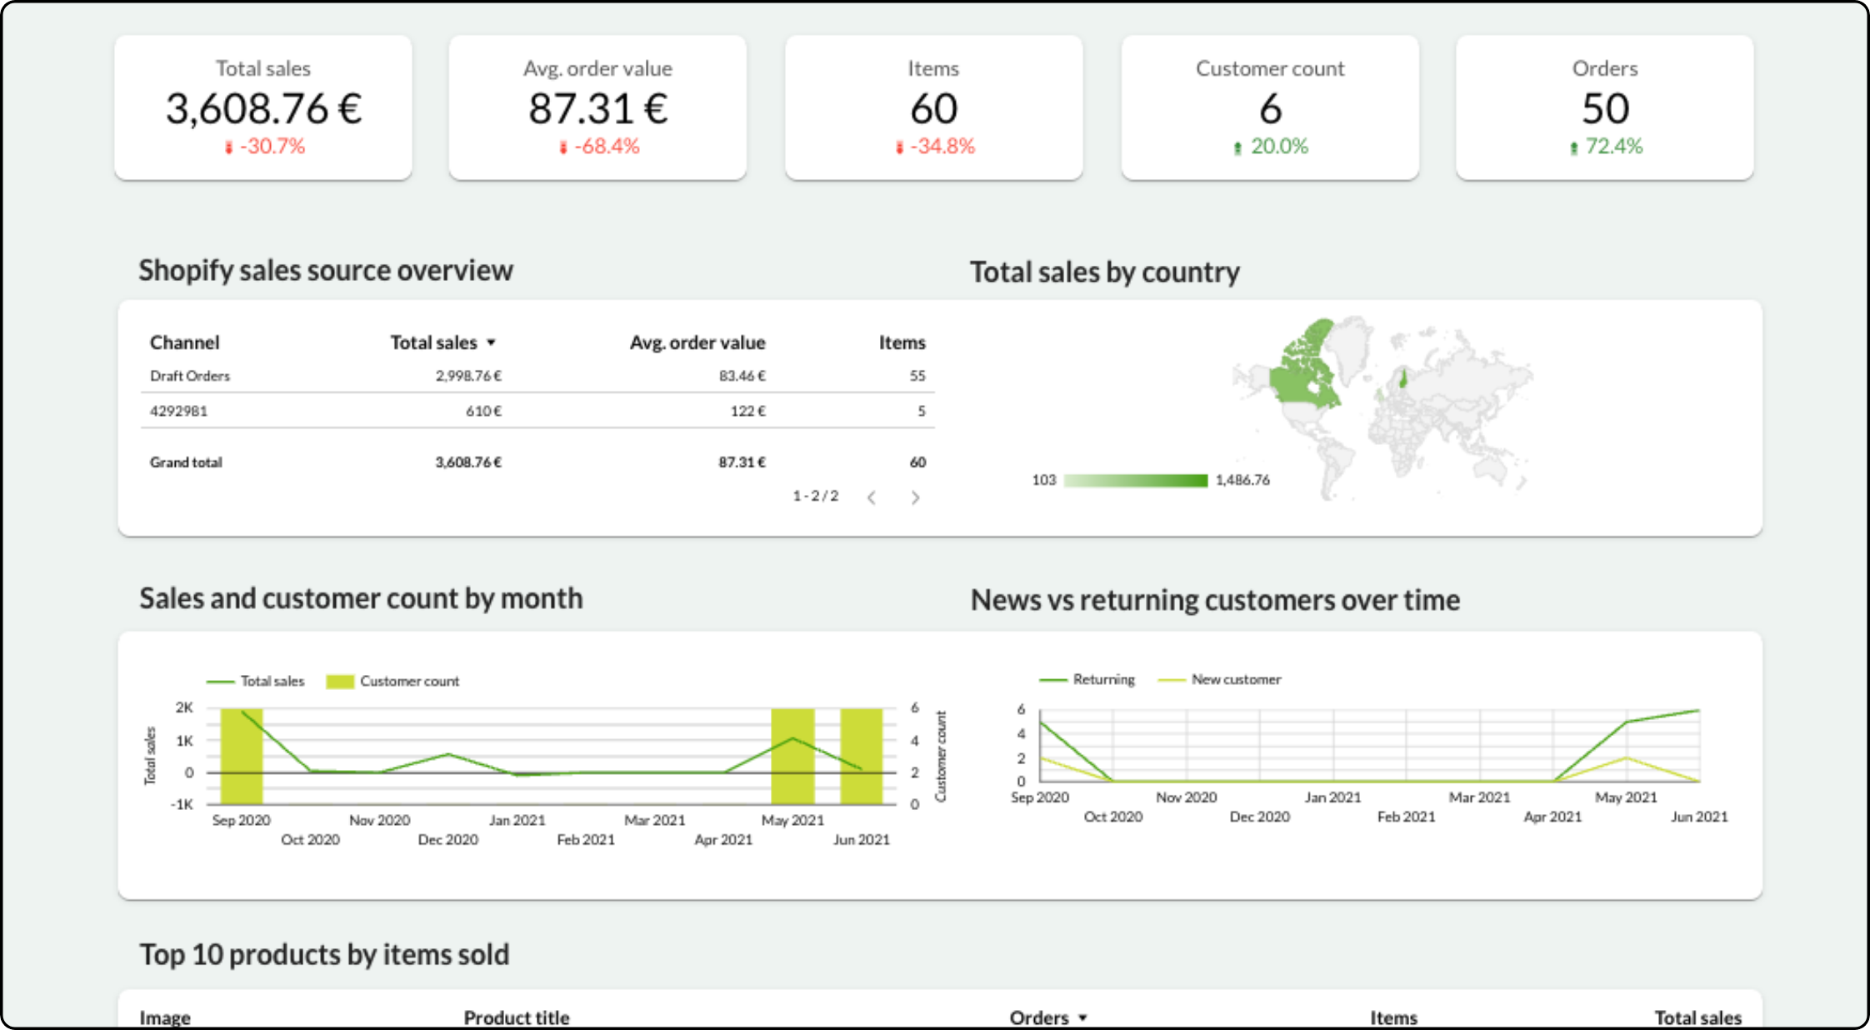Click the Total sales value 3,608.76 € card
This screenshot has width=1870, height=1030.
[x=263, y=108]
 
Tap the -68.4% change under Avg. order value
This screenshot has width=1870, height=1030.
[x=606, y=147]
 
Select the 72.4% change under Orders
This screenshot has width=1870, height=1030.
[x=1612, y=147]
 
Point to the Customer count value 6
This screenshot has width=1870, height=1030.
[x=1270, y=108]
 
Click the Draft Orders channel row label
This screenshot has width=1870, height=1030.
[x=190, y=376]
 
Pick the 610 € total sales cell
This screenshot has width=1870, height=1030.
[x=483, y=411]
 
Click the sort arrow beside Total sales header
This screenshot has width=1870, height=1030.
[x=492, y=342]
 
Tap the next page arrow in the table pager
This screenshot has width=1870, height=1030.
[x=915, y=497]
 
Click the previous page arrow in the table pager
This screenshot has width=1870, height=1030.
[x=872, y=497]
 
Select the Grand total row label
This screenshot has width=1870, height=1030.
[x=186, y=462]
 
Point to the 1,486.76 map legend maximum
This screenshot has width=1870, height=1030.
[x=1242, y=480]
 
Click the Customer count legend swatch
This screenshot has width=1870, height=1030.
[x=340, y=682]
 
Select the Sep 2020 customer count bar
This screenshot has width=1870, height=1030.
[x=242, y=756]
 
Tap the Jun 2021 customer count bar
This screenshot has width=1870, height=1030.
[x=861, y=756]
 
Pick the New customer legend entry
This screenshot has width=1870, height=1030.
[x=1235, y=680]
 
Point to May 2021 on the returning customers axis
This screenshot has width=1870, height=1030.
[x=1626, y=797]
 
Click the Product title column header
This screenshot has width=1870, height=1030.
[x=517, y=1017]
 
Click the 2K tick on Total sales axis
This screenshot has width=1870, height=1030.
[x=184, y=707]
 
